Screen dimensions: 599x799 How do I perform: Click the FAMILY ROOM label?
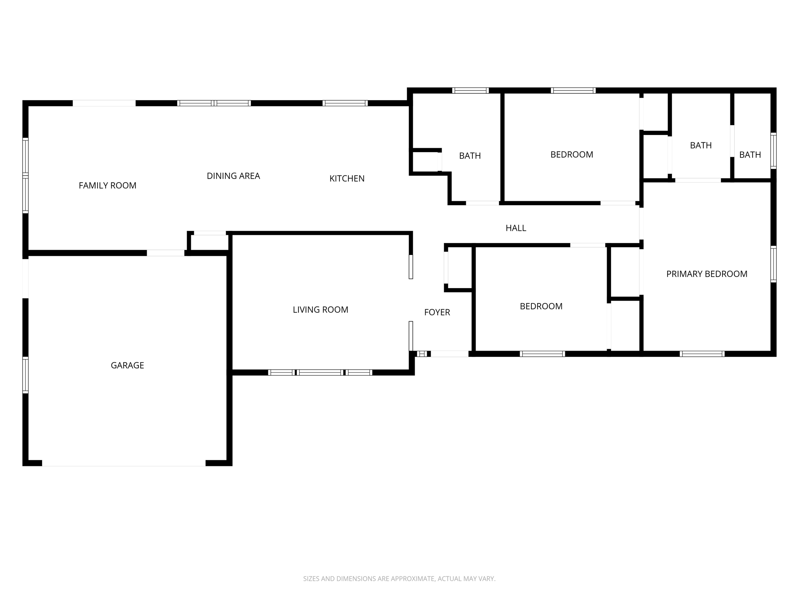coord(107,186)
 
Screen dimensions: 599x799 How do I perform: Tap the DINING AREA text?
coord(233,176)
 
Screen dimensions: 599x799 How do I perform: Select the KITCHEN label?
coord(347,179)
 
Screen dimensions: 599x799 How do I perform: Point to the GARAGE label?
coord(127,365)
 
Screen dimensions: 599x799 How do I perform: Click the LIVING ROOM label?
coord(320,310)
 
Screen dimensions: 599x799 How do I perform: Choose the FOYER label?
coord(437,312)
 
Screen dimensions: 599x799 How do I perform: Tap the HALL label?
coord(516,228)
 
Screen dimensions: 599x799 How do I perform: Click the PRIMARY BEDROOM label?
coord(707,274)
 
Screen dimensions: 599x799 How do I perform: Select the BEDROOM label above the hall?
coord(572,154)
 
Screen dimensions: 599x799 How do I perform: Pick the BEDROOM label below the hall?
coord(541,307)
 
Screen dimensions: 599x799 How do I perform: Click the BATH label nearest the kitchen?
coord(470,156)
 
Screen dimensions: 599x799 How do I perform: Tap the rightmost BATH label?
coord(750,155)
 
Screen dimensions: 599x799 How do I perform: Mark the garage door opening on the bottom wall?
coord(124,463)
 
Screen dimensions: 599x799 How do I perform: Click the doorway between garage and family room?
coord(165,253)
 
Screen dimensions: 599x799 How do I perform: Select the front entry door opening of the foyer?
coord(449,354)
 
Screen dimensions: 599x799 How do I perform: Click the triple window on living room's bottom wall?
coord(320,372)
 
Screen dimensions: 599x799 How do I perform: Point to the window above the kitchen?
coord(345,103)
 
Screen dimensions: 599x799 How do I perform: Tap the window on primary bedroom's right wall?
coord(773,264)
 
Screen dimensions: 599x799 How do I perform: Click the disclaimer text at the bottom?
coord(399,579)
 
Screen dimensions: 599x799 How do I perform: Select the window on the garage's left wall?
coord(25,374)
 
